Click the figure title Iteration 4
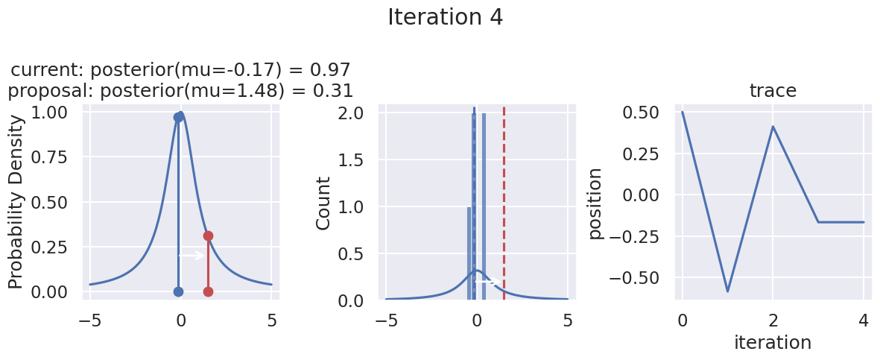pyautogui.click(x=446, y=18)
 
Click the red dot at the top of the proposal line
pyautogui.click(x=208, y=236)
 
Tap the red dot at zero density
pyautogui.click(x=208, y=291)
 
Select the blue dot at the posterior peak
pyautogui.click(x=178, y=117)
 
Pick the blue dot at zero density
pyautogui.click(x=178, y=291)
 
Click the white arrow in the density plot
pyautogui.click(x=191, y=256)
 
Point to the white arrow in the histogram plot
pyautogui.click(x=487, y=282)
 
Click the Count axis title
pyautogui.click(x=323, y=203)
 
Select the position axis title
pyautogui.click(x=595, y=203)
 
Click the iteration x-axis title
pyautogui.click(x=773, y=342)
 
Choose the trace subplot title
pyautogui.click(x=773, y=91)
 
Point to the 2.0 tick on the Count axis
pyautogui.click(x=352, y=113)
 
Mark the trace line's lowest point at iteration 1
pyautogui.click(x=727, y=291)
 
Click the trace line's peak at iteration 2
pyautogui.click(x=773, y=126)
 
